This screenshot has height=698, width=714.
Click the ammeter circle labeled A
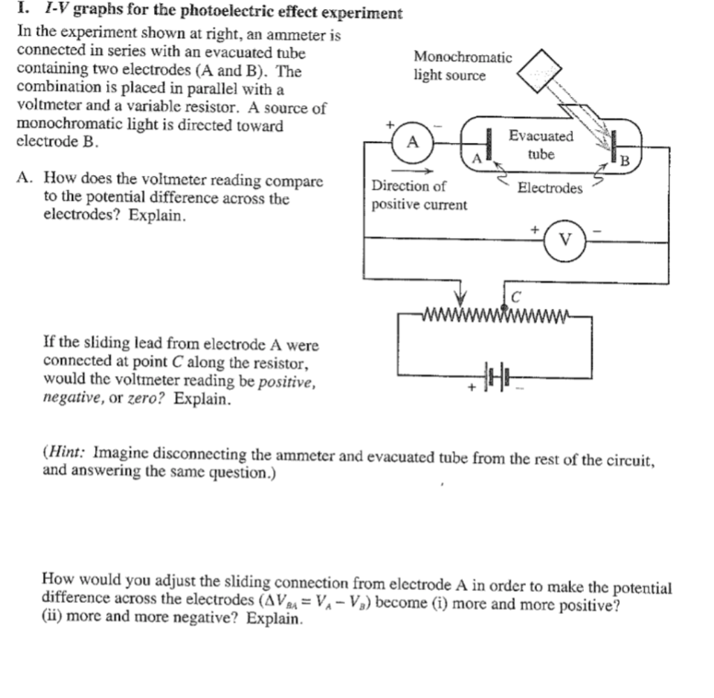(x=413, y=143)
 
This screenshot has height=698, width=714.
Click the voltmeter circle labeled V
(x=566, y=241)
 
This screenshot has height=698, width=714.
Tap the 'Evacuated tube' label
(x=540, y=145)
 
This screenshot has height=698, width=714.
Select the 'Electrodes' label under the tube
(x=549, y=188)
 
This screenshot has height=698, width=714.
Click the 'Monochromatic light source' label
(x=462, y=66)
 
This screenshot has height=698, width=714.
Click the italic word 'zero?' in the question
(x=149, y=400)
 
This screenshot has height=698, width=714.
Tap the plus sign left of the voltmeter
(x=535, y=228)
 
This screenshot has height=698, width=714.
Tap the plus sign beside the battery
(x=472, y=386)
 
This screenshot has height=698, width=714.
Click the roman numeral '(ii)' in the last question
(x=54, y=618)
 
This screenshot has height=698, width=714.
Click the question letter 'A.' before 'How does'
(x=25, y=181)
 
